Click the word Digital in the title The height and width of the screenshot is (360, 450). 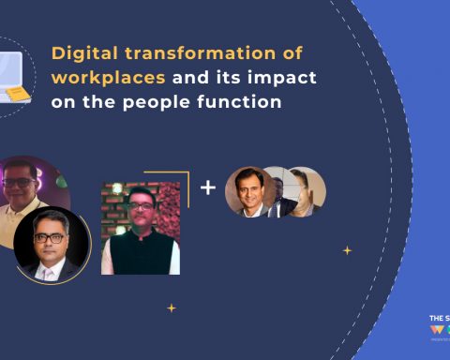tap(79, 53)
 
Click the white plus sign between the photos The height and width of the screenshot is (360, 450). tap(208, 187)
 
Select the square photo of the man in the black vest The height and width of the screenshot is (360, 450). tap(140, 228)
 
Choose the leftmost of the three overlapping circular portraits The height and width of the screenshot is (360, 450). tap(248, 191)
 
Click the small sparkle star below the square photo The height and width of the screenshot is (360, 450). tap(171, 307)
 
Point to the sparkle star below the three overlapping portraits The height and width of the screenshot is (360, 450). tap(348, 250)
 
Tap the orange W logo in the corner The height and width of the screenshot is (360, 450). tap(435, 331)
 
